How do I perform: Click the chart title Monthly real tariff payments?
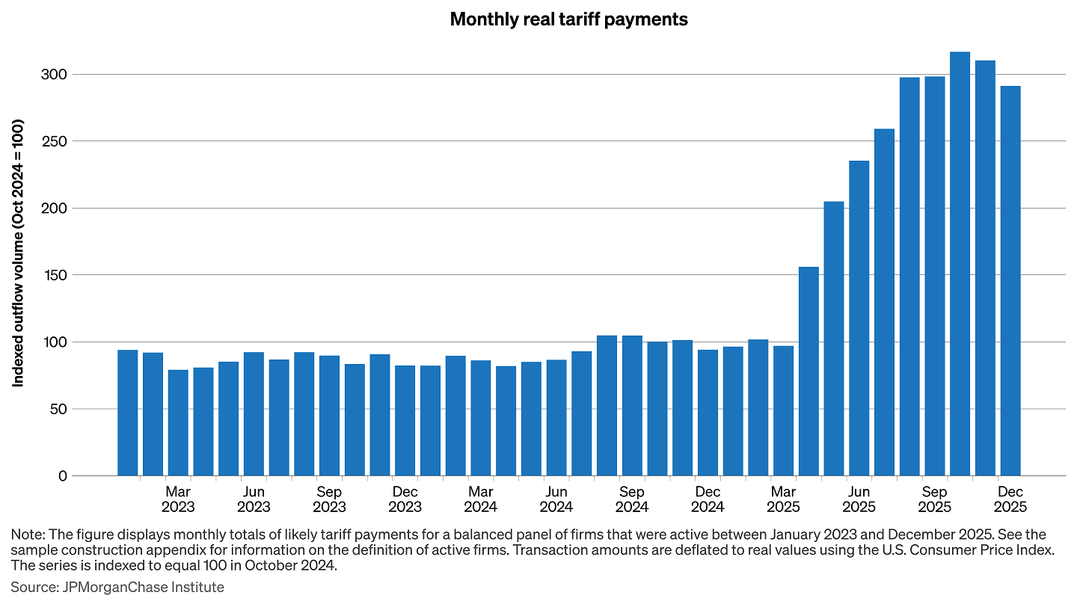click(568, 19)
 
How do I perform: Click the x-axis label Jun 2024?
click(556, 499)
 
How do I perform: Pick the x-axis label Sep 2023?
click(329, 499)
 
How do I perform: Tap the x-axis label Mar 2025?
click(783, 499)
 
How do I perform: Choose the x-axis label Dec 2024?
click(708, 499)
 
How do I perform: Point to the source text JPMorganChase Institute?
click(141, 587)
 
